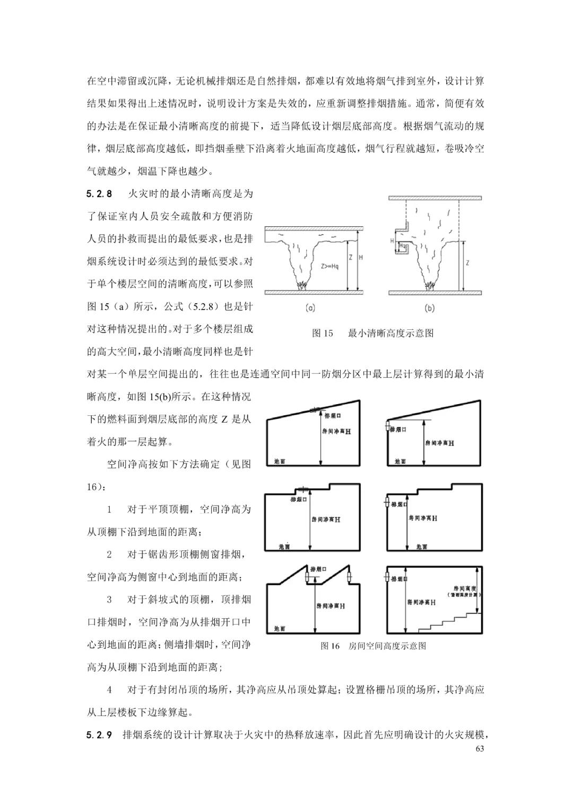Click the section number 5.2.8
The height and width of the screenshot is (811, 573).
click(x=100, y=194)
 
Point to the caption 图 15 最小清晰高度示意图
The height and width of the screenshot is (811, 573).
click(x=373, y=333)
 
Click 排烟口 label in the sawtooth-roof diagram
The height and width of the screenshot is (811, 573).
click(x=318, y=569)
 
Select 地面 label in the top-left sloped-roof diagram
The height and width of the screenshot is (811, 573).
click(x=280, y=462)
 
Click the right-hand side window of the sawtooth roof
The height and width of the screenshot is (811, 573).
click(x=349, y=578)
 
